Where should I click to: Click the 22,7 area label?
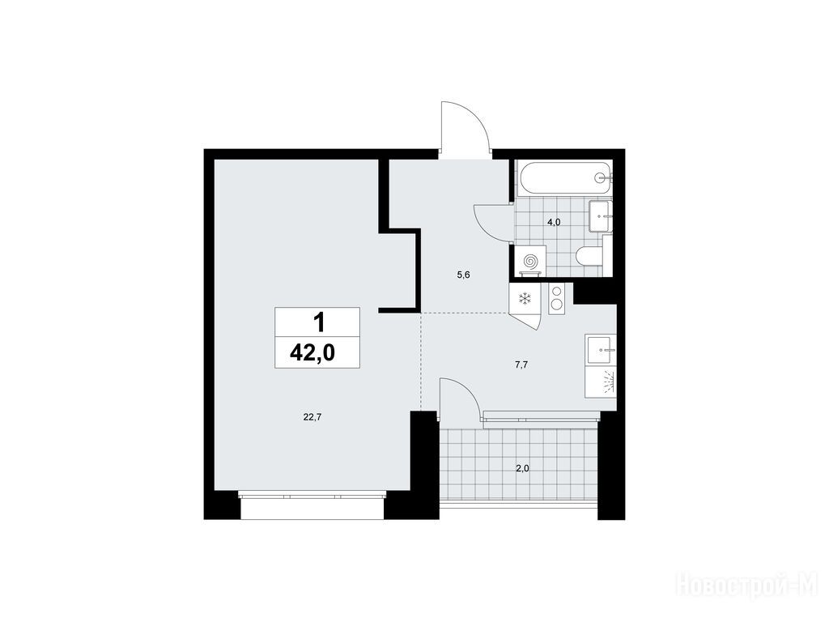coord(312,417)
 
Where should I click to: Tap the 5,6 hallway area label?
coord(464,275)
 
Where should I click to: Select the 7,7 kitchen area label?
coord(522,364)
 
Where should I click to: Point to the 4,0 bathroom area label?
coord(554,222)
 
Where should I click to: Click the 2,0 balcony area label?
coord(522,468)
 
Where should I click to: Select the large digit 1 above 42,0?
coord(318,322)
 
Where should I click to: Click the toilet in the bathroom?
coord(590,256)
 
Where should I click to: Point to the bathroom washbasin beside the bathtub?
coord(600,215)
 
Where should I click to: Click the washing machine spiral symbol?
coord(530,261)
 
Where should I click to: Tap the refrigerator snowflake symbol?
coord(525,299)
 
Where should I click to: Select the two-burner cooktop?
coord(557,298)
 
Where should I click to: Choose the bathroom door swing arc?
coord(494,223)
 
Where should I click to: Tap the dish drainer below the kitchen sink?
coord(601,381)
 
